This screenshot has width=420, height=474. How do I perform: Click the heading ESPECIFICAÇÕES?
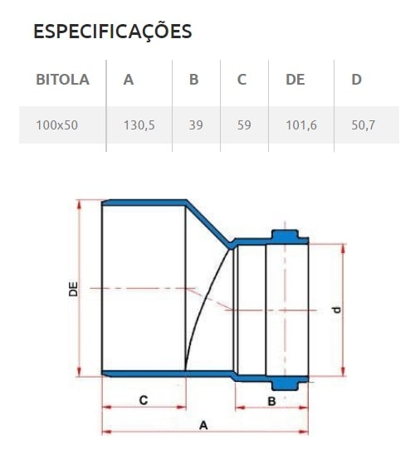coord(112,32)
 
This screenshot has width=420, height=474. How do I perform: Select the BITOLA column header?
coord(62,80)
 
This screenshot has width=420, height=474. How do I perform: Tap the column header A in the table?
coord(128,80)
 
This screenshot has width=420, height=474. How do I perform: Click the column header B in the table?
coord(193,80)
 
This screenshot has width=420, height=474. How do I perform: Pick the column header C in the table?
coord(242,80)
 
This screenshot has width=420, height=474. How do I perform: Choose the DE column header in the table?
coord(295,80)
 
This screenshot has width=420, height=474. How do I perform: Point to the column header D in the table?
coord(356,80)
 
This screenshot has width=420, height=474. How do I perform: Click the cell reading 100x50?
coord(56,125)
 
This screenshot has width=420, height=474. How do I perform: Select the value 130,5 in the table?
coord(139,125)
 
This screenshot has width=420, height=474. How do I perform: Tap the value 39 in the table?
coord(196,125)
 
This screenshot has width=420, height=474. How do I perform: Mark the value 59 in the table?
coord(244,125)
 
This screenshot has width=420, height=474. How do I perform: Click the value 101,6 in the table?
coord(300,125)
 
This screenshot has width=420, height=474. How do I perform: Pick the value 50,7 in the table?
coord(364,125)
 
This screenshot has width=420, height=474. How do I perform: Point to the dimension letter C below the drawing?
coord(143,400)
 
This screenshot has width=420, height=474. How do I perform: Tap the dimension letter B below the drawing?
coord(271,401)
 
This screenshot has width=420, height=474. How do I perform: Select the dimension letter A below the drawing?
coord(203,424)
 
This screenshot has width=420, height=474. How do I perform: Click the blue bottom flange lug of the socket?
coord(287,383)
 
